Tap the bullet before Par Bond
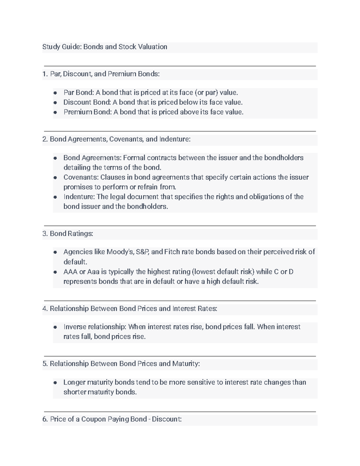[55, 93]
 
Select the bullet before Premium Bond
[55, 112]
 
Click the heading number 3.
[45, 234]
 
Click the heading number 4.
[45, 309]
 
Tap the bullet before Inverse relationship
[55, 327]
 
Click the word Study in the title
[51, 47]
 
